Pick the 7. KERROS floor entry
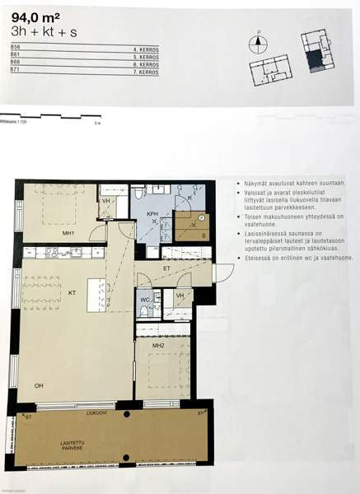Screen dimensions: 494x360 (x=145, y=72)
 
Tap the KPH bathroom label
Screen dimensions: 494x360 (x=152, y=214)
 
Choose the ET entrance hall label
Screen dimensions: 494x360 (x=166, y=268)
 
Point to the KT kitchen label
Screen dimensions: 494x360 (x=72, y=291)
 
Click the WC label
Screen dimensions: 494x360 (x=145, y=299)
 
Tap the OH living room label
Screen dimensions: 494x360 (x=39, y=385)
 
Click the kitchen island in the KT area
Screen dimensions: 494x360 (x=96, y=296)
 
